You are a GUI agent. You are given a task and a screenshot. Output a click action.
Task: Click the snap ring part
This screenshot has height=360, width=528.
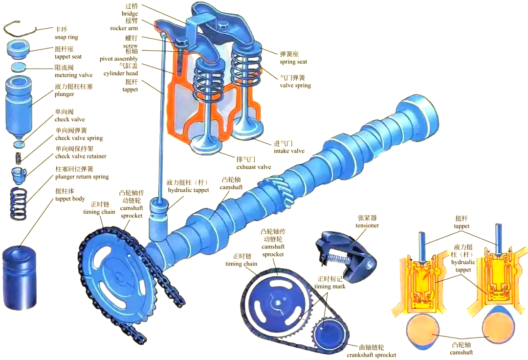(x=20, y=29)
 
